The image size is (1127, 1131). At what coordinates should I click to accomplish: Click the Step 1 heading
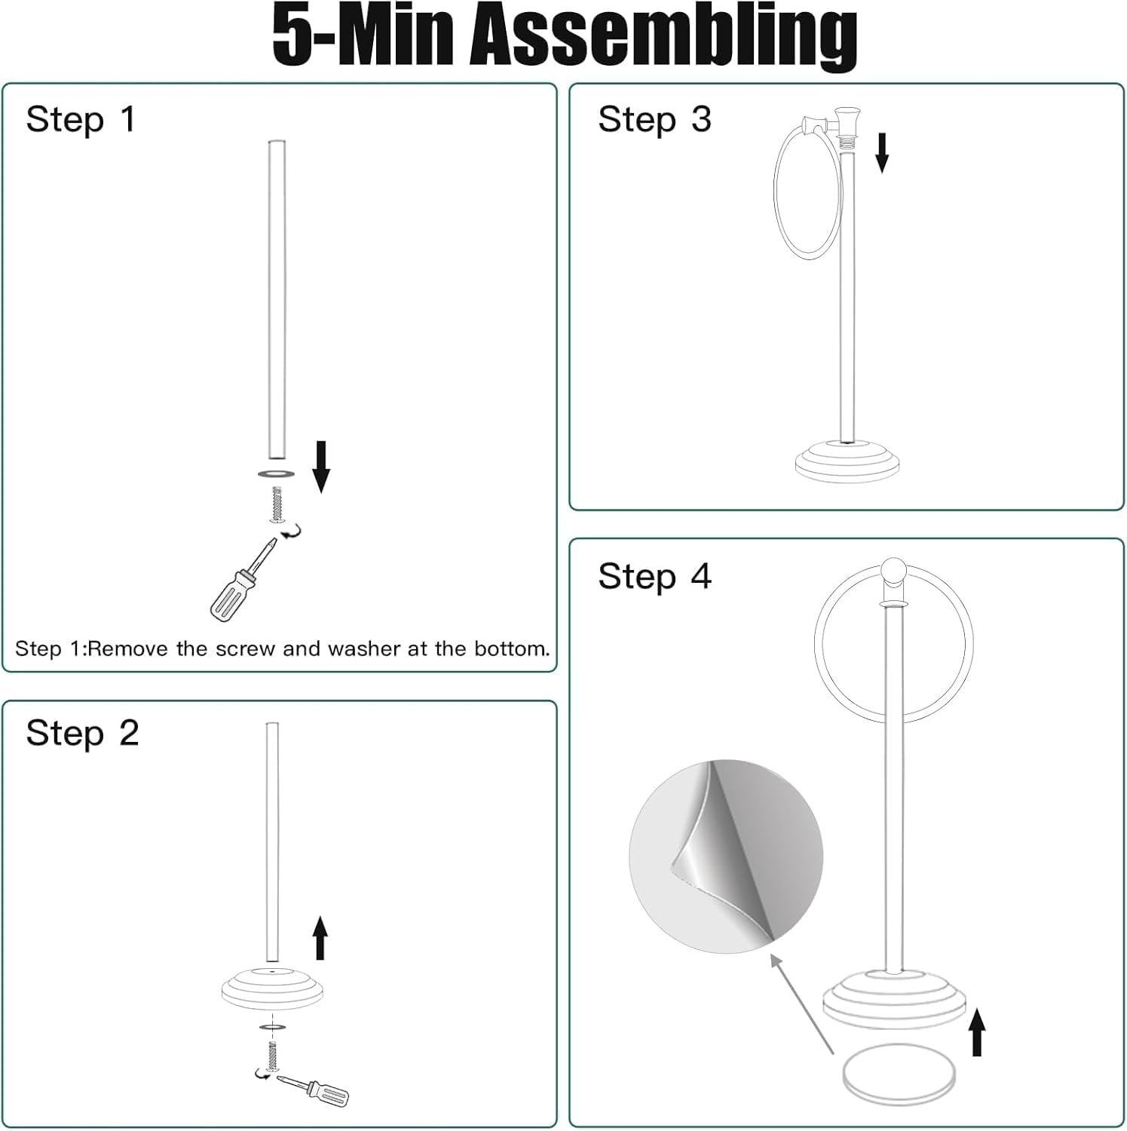point(81,119)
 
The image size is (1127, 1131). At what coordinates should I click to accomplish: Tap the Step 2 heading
point(82,733)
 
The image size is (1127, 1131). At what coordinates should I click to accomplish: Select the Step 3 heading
point(654,119)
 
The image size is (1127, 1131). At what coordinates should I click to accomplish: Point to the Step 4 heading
point(654,576)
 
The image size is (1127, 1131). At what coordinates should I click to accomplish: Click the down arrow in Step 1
point(321,467)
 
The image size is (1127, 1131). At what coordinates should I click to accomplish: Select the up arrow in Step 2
point(320,937)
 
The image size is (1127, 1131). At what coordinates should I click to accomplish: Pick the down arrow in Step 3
point(881,153)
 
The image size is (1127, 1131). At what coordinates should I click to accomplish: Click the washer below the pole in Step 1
point(275,474)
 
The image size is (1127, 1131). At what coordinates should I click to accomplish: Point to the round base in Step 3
point(849,460)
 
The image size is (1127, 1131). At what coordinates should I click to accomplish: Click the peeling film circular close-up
point(726,856)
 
